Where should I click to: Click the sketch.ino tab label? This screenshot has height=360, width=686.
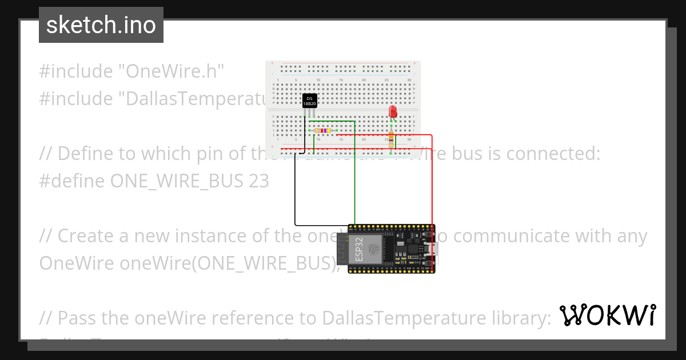click(101, 25)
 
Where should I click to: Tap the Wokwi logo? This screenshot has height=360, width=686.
click(607, 315)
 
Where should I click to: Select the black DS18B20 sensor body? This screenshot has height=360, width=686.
click(310, 101)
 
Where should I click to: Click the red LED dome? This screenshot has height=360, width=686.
click(393, 111)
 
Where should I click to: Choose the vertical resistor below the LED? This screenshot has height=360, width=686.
click(391, 139)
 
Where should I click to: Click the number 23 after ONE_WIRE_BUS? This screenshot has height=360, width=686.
click(258, 181)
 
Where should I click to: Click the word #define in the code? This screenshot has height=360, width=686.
click(71, 181)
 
